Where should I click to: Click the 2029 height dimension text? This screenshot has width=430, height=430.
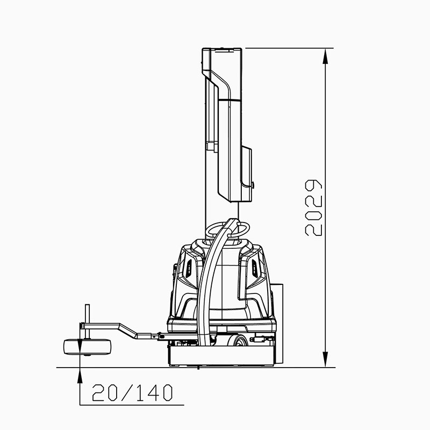click(x=313, y=208)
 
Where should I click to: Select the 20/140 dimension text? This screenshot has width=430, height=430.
click(x=132, y=392)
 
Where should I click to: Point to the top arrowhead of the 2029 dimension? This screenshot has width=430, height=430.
click(x=325, y=56)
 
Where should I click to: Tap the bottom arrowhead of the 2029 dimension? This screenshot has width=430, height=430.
click(x=325, y=359)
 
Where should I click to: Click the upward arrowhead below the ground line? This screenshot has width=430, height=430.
click(x=80, y=375)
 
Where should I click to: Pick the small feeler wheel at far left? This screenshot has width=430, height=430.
click(x=87, y=347)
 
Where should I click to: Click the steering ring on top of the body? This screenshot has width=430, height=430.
click(x=227, y=229)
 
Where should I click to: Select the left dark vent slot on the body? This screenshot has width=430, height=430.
click(x=189, y=268)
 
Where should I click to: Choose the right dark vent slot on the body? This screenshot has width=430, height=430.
click(x=254, y=268)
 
